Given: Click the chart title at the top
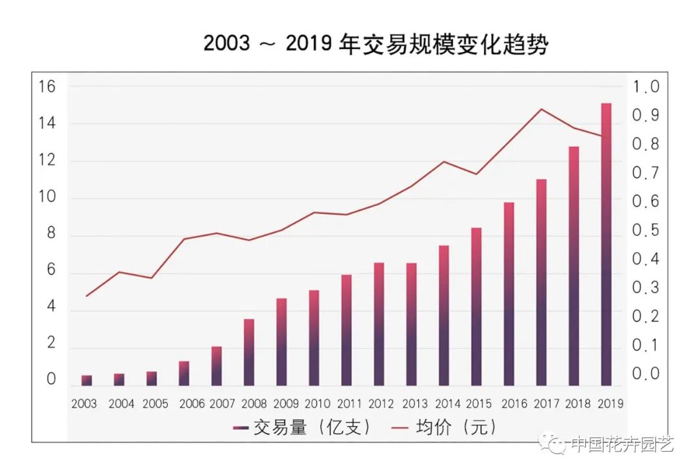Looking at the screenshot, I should point(376,44).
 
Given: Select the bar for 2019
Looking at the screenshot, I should point(606,245).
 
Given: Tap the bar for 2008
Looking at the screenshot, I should point(249,352).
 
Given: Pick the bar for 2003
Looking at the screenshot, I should point(86,380).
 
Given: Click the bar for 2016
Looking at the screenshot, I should point(509,294).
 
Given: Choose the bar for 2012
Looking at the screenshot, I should point(379,324).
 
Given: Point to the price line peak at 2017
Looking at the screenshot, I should point(541,109).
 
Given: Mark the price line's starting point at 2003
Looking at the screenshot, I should point(86,296).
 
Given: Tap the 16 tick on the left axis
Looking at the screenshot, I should point(47,86).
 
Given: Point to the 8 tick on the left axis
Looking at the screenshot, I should point(51,235).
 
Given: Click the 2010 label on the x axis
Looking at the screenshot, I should point(317,404).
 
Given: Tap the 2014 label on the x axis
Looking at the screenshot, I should point(447,404).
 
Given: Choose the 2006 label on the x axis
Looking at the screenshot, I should point(192,404).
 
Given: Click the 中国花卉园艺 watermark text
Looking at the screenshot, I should point(623,444).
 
